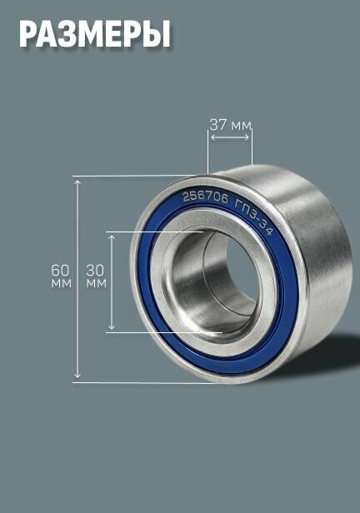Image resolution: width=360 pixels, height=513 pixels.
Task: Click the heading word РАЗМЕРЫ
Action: (94, 34)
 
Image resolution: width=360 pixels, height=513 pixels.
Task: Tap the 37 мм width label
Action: (230, 125)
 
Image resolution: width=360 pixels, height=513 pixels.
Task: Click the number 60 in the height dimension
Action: (60, 270)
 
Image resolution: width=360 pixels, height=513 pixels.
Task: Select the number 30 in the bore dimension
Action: (95, 270)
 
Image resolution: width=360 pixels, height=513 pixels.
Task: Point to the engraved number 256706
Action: (205, 198)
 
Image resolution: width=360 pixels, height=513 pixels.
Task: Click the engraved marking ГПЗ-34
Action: (254, 215)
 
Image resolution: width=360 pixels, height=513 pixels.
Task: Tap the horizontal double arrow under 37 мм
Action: (230, 137)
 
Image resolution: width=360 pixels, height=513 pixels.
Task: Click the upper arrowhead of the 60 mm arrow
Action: (77, 182)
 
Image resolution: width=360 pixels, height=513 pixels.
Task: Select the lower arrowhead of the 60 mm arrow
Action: (77, 374)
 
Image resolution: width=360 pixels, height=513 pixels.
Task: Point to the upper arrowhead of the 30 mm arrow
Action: (112, 237)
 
